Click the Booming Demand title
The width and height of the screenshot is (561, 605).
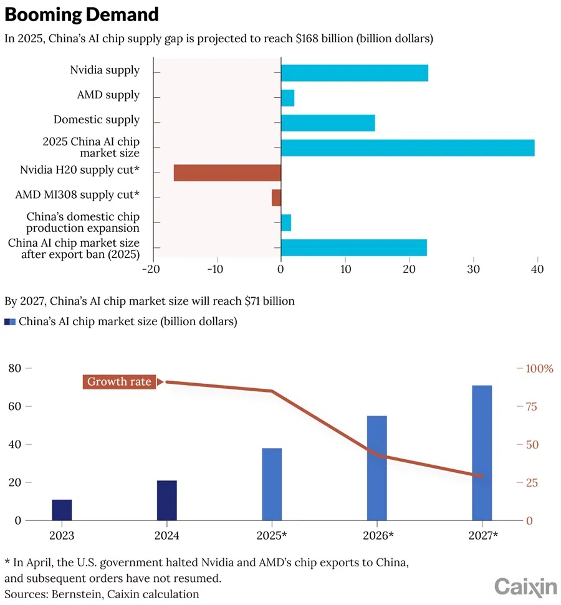coord(82,14)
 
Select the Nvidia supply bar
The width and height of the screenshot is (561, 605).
coord(354,73)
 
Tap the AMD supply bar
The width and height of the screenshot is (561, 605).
coord(287,98)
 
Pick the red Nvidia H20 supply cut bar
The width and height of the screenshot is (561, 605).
coord(227,173)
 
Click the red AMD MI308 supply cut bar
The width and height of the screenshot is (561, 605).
coord(276,198)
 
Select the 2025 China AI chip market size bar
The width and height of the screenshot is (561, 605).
coord(408,148)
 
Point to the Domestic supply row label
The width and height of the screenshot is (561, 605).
coord(96,120)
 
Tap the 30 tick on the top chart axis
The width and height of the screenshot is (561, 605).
coord(473,269)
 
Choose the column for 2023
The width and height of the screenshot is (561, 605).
coord(62,510)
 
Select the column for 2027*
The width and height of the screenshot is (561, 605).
coord(482,453)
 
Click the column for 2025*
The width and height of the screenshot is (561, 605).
coord(272,484)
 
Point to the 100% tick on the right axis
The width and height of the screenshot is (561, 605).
coord(539,368)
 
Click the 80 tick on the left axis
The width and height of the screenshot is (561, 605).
coord(14,368)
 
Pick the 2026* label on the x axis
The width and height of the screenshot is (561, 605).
coord(377,536)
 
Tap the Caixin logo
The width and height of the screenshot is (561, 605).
coord(525,587)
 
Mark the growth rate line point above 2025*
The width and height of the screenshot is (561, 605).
coord(272,391)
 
